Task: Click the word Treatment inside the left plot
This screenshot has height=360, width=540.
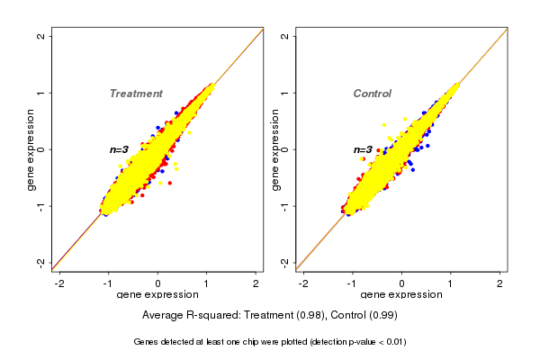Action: (x=136, y=94)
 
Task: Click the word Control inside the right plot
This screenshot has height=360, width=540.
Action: (x=372, y=94)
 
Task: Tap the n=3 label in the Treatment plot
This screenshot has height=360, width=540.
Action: (x=120, y=149)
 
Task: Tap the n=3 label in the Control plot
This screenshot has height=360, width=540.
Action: (x=363, y=149)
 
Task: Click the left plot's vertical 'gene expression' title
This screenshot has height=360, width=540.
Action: (x=31, y=149)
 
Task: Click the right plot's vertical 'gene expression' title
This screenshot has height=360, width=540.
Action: (x=274, y=149)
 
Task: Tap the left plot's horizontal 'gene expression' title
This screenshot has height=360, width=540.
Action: (x=157, y=295)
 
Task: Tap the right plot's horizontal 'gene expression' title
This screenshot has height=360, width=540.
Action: (x=401, y=295)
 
